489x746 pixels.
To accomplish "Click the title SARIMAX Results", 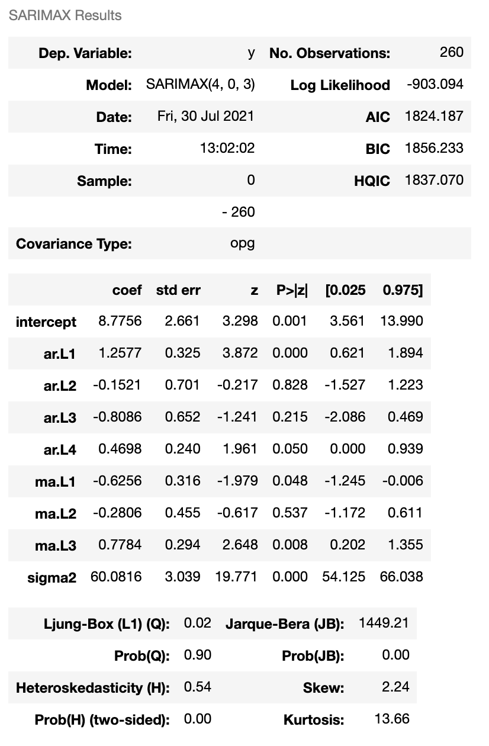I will point(65,15).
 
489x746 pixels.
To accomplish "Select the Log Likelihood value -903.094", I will point(435,85).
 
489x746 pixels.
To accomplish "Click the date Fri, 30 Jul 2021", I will point(205,116).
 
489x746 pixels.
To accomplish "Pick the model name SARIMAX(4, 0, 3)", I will point(200,85).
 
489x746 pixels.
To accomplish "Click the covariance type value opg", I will point(242,243).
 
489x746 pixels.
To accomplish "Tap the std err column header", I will point(178,290).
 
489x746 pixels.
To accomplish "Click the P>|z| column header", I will point(291,290).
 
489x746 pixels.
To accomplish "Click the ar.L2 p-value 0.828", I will point(290,385).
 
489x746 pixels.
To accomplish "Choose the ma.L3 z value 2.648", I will point(240,545).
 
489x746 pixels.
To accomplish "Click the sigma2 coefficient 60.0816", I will point(116,577).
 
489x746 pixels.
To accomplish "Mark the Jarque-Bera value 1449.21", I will point(384,623).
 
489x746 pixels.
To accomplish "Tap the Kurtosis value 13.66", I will point(392,719).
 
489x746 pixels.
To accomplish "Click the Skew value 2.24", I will point(396,687).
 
